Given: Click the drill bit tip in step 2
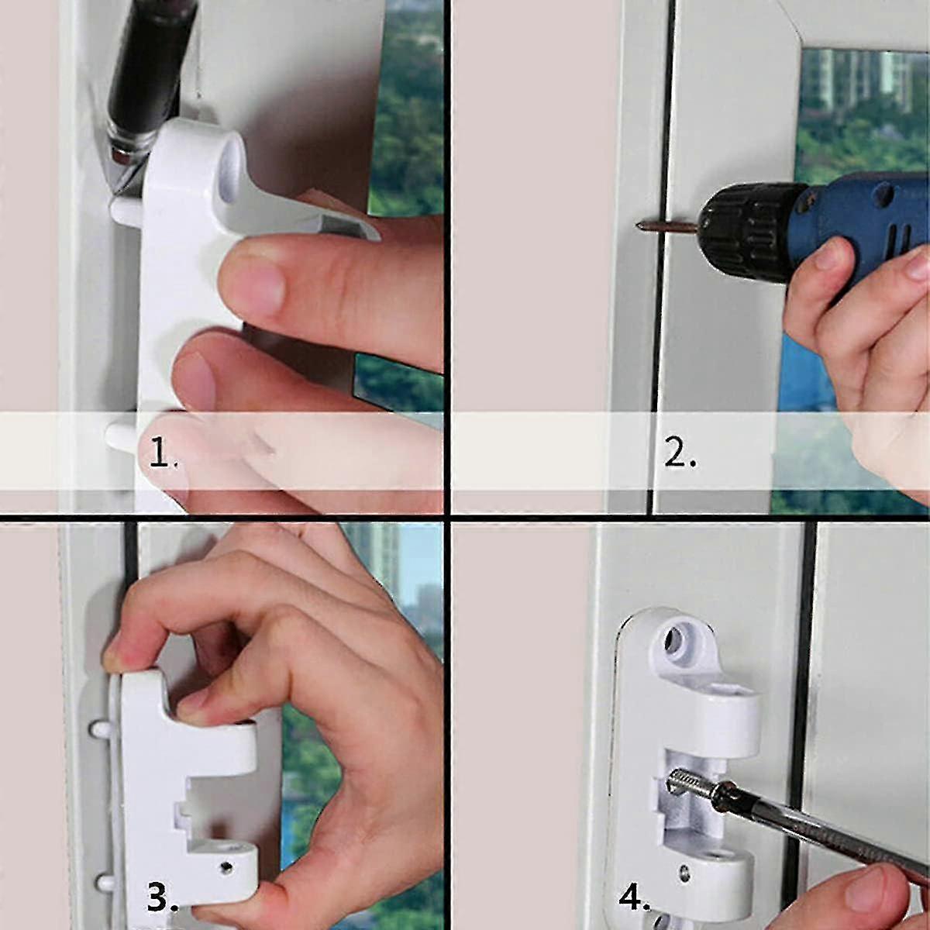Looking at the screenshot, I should (639, 226).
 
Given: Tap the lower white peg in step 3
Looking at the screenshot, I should (102, 879).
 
